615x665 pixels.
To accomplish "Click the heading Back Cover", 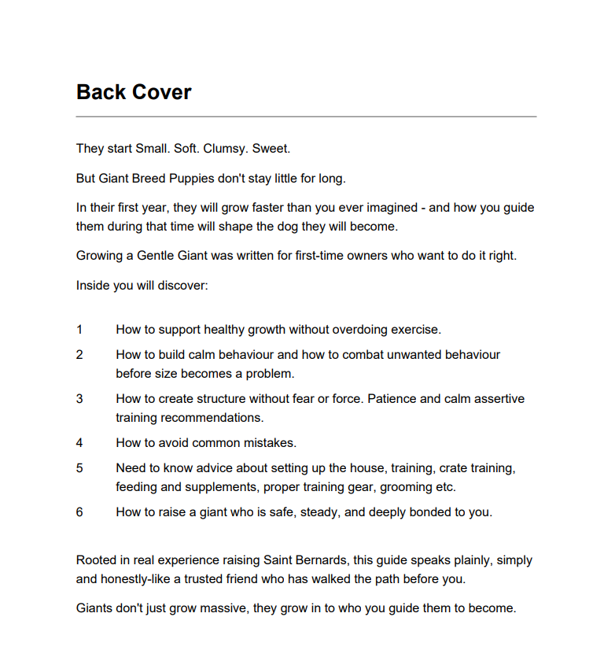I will pyautogui.click(x=134, y=92).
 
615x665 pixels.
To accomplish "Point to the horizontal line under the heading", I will pyautogui.click(x=306, y=116).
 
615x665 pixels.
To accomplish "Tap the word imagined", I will pyautogui.click(x=383, y=208).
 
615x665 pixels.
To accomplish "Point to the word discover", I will pyautogui.click(x=184, y=285).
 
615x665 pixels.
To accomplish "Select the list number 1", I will pyautogui.click(x=79, y=330).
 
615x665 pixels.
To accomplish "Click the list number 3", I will pyautogui.click(x=79, y=399).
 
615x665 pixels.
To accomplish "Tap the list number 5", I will pyautogui.click(x=79, y=468).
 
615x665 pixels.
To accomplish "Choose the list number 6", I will pyautogui.click(x=79, y=512).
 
